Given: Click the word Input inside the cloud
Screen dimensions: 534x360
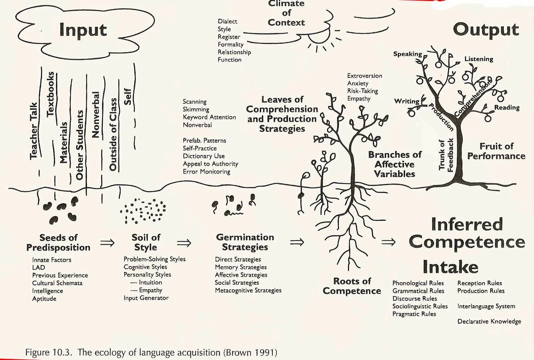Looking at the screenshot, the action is [x=83, y=30].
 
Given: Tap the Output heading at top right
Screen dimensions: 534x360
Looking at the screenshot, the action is [x=485, y=30].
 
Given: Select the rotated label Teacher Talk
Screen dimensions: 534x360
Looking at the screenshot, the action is [x=34, y=131].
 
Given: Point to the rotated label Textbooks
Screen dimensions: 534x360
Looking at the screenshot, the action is [x=50, y=94].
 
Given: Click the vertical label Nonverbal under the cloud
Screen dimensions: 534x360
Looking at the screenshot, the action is [x=95, y=115].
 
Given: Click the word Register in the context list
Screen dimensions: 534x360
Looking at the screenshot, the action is [x=229, y=37].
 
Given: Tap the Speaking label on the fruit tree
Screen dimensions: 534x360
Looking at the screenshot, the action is [x=407, y=54].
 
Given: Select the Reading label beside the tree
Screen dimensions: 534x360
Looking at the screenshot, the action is [x=506, y=107].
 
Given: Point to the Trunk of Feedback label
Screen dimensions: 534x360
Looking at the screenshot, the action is [x=446, y=155].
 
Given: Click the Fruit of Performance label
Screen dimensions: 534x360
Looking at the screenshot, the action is [x=496, y=151].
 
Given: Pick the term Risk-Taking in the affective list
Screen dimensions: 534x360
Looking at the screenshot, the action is [x=362, y=91].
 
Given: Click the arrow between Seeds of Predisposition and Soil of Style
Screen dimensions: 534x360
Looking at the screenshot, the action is [x=107, y=243].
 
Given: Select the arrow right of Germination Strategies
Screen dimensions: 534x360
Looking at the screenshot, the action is [x=297, y=242].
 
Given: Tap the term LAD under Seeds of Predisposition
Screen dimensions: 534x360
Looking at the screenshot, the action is [x=38, y=268].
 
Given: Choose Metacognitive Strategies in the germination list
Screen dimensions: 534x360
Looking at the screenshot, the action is [x=248, y=290].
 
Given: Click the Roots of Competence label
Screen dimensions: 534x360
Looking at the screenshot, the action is [x=352, y=286].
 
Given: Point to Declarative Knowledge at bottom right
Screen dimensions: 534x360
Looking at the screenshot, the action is [x=489, y=321].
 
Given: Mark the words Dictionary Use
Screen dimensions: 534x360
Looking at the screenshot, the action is [x=204, y=156].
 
